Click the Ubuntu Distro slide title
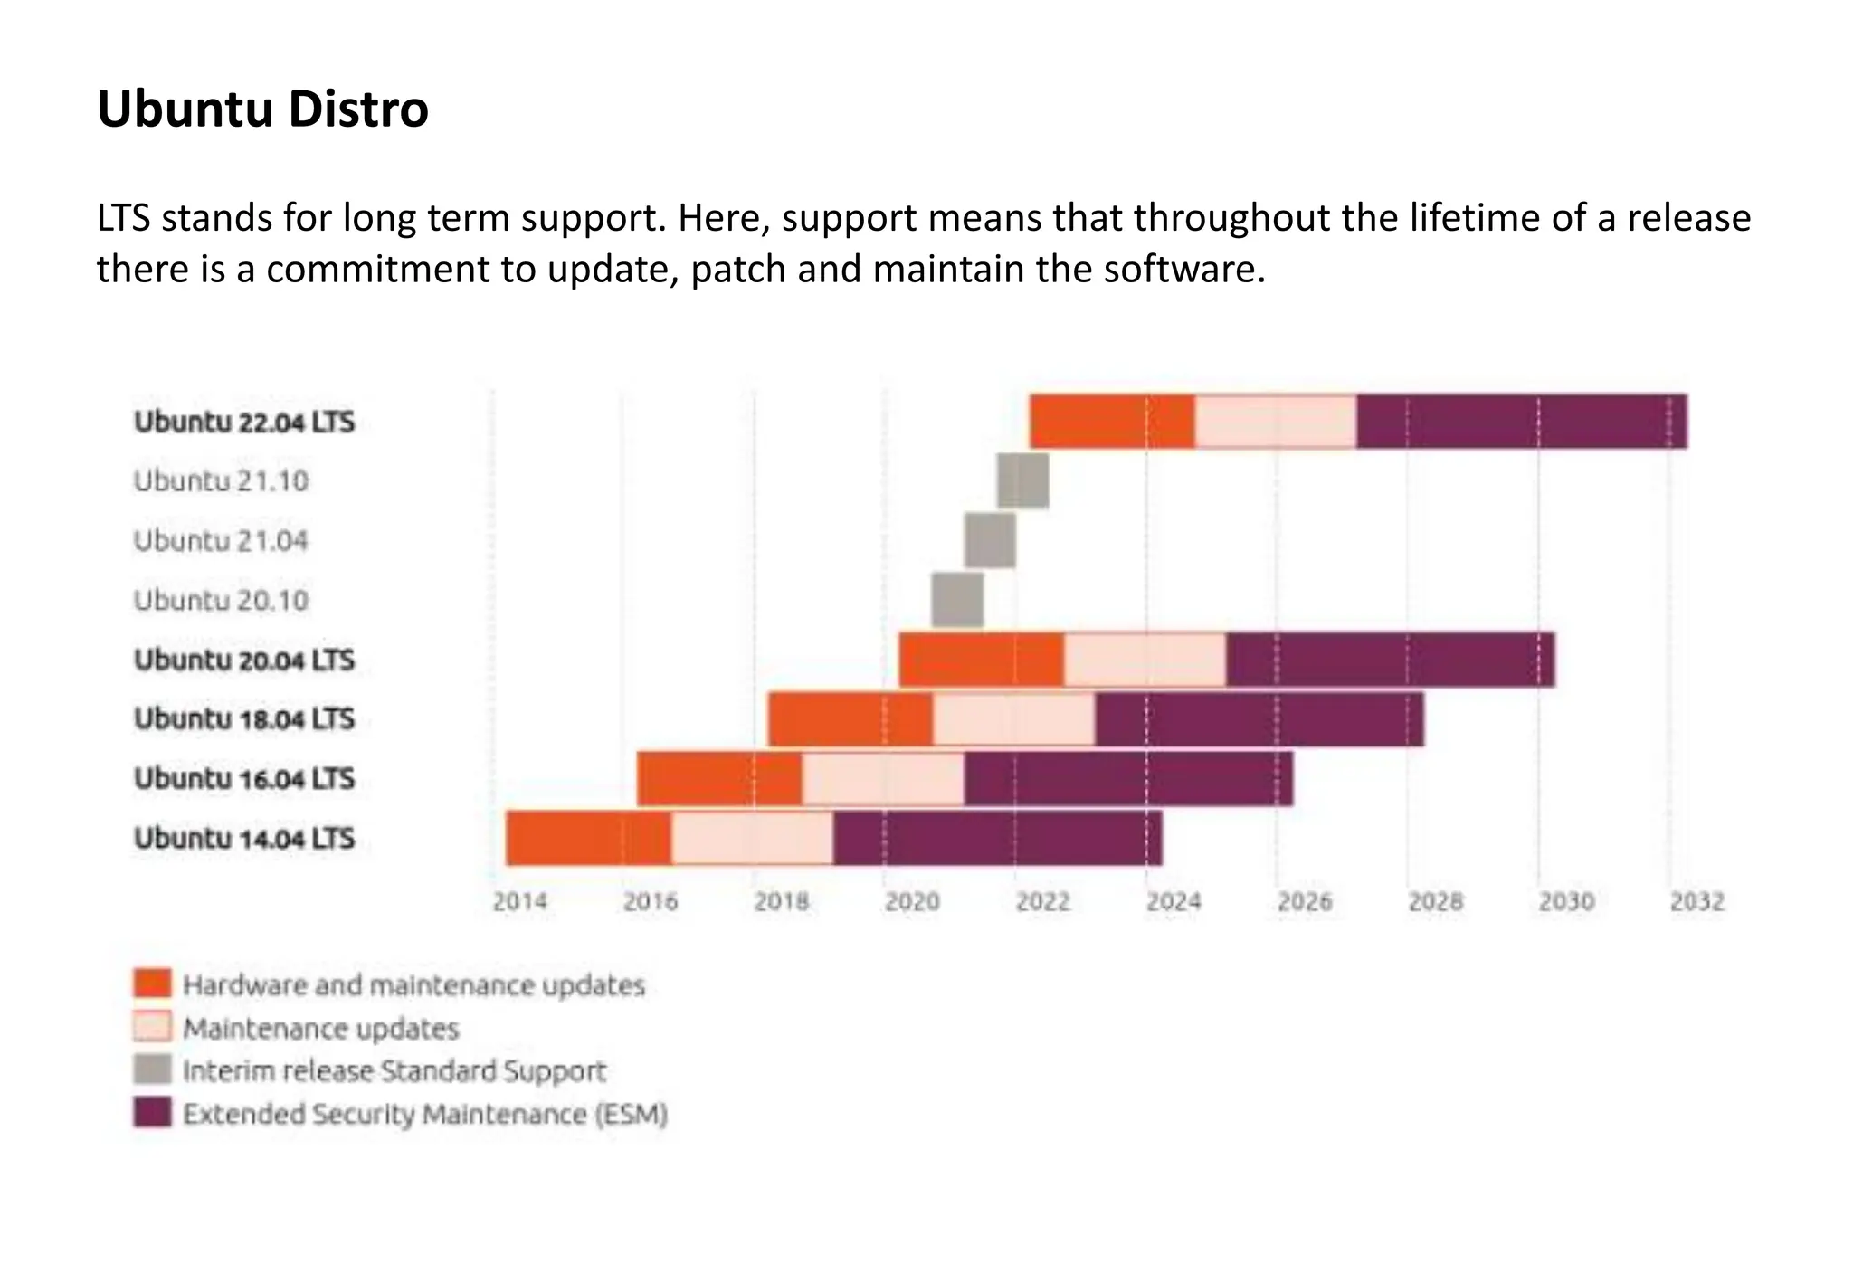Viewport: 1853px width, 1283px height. [262, 109]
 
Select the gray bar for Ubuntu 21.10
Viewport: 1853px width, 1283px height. [1022, 481]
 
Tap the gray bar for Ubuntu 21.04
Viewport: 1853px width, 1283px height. [990, 540]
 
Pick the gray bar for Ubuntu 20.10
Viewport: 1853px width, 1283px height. [957, 600]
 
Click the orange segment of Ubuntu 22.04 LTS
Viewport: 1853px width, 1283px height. [1111, 422]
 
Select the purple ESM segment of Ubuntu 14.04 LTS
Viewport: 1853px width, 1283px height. [997, 838]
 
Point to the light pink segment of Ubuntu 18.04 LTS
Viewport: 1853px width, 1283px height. [1013, 719]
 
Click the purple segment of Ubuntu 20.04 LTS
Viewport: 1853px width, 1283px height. [1390, 660]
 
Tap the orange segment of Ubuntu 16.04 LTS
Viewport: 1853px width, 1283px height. [719, 778]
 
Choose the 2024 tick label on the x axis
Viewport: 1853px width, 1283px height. [1174, 902]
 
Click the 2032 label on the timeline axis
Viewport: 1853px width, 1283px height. [1696, 902]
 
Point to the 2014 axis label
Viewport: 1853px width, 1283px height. [520, 902]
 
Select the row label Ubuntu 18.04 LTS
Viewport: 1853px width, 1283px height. [244, 719]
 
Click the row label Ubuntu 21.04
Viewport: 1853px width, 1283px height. [221, 541]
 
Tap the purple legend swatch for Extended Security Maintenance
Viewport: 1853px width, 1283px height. [152, 1113]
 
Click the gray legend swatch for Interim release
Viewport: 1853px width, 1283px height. [152, 1069]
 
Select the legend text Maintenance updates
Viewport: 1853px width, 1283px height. [321, 1029]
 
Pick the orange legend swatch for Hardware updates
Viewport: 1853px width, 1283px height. [152, 984]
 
